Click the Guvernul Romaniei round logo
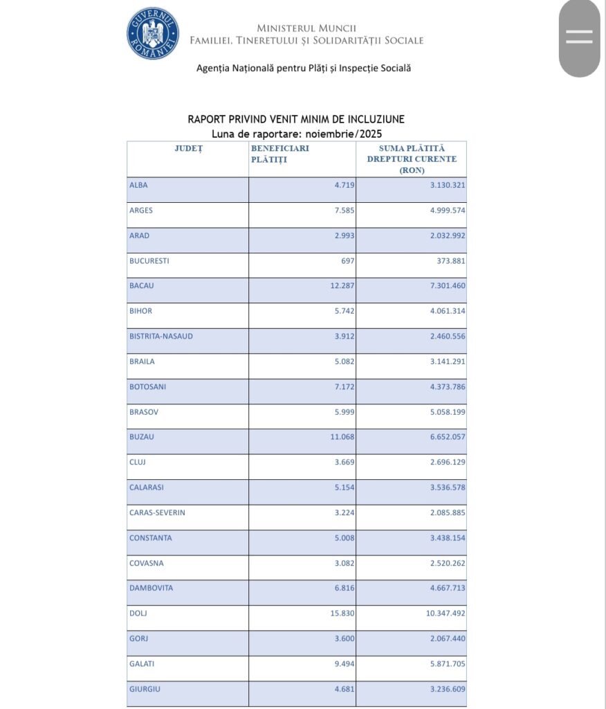click(153, 33)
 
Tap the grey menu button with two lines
click(579, 37)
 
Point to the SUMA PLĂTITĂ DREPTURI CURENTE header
click(412, 159)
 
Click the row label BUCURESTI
click(149, 261)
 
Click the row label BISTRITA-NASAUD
click(161, 336)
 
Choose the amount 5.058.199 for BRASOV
click(441, 411)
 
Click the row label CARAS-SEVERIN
click(157, 512)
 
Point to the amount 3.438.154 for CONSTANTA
click(441, 538)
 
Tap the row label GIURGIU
click(145, 688)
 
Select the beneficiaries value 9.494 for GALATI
click(342, 663)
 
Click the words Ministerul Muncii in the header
click(306, 28)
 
